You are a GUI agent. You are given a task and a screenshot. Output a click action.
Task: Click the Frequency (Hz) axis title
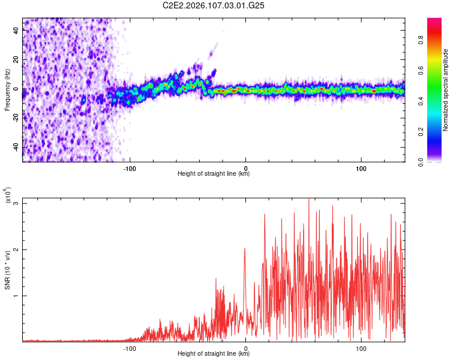7,90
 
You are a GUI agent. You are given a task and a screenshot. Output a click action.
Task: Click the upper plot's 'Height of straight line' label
214,174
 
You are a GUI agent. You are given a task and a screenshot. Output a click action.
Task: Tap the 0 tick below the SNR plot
245,347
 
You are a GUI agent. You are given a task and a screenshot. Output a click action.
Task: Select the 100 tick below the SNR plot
361,347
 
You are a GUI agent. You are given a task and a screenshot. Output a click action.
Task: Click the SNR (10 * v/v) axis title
7,269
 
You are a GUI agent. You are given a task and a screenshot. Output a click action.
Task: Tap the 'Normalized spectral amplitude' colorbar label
446,90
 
